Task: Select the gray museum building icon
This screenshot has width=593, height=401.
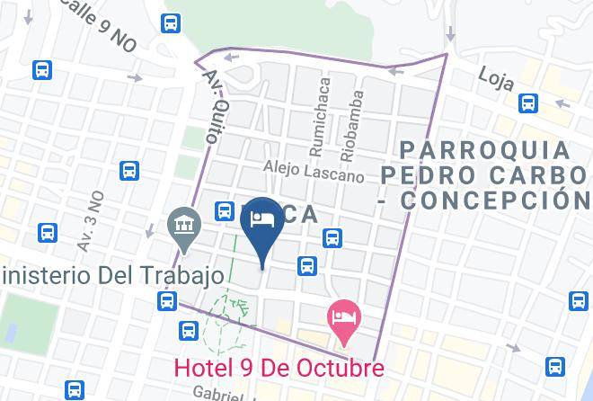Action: click(x=184, y=224)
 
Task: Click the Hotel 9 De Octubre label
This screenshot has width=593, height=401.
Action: click(x=279, y=367)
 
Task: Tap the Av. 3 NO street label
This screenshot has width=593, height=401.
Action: click(x=91, y=219)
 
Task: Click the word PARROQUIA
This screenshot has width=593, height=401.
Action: click(x=485, y=148)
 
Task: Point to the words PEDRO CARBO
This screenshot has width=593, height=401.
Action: click(x=486, y=174)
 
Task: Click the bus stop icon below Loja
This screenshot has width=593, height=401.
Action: click(x=529, y=104)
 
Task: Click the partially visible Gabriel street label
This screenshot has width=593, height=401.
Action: click(x=219, y=395)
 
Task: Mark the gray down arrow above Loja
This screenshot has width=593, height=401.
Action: click(x=449, y=32)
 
